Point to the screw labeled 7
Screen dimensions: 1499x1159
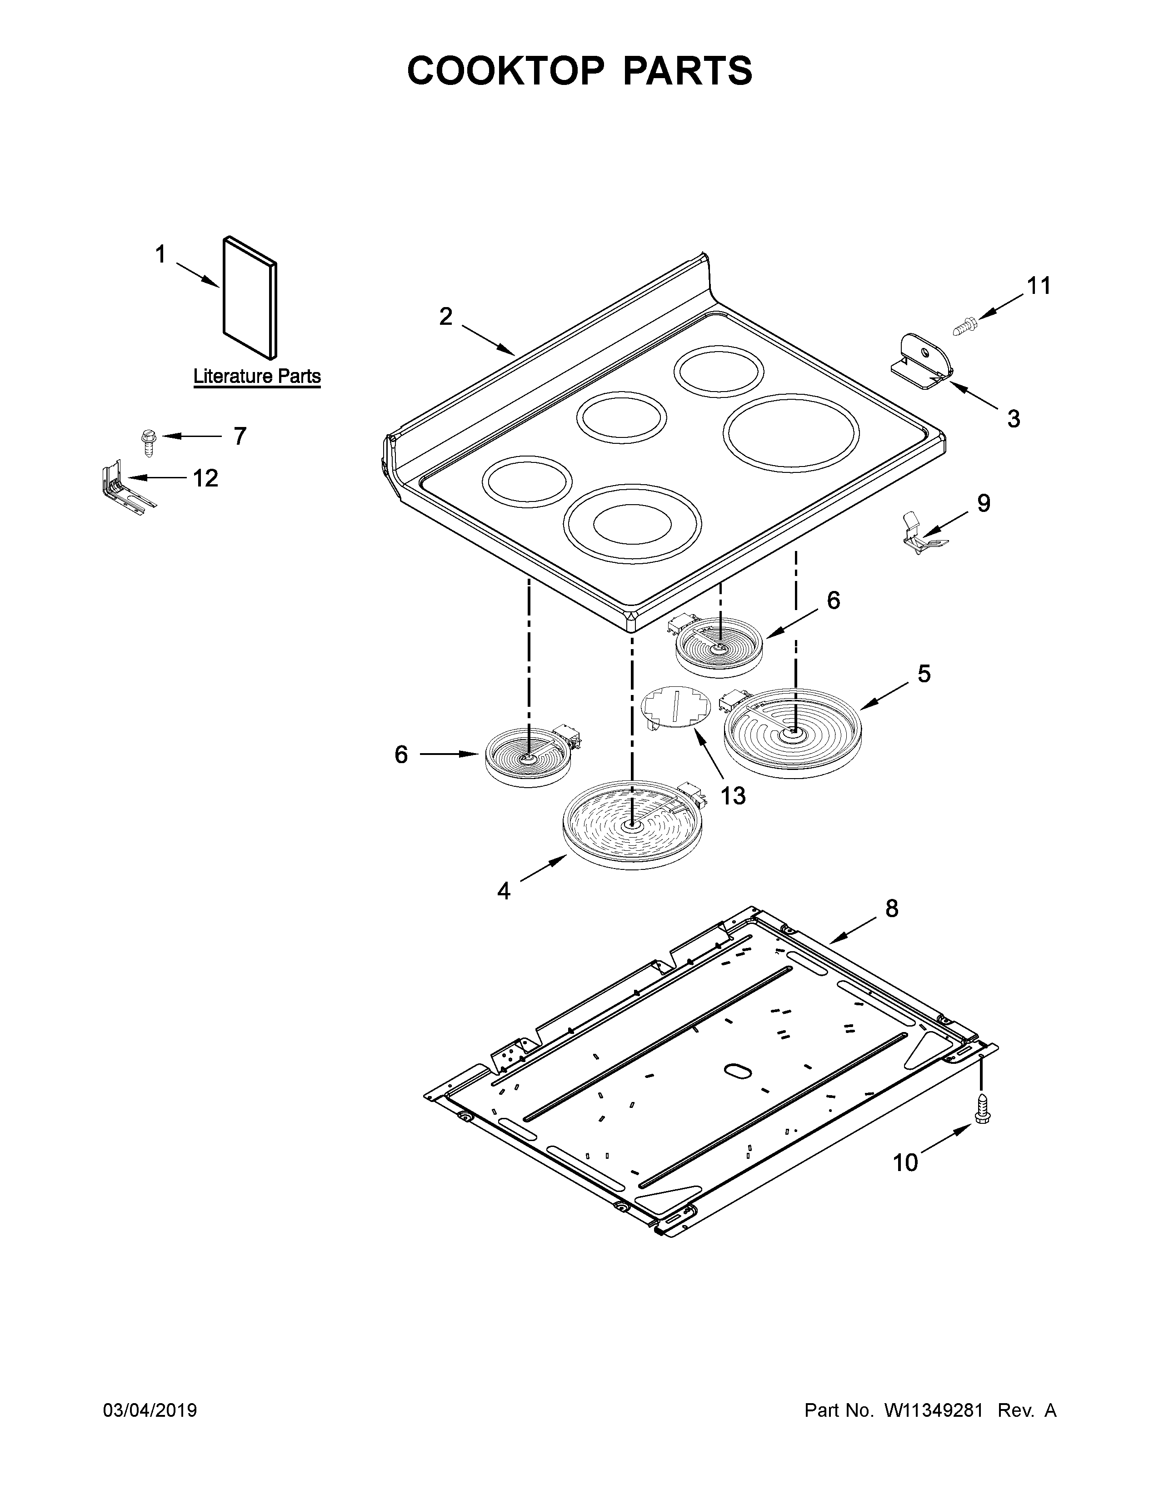[x=147, y=442]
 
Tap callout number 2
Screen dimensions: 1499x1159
[x=445, y=317]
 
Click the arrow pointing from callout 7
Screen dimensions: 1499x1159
[x=191, y=436]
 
